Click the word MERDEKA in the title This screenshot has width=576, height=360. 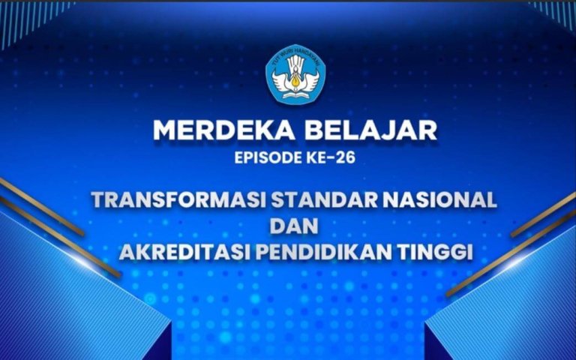(x=223, y=130)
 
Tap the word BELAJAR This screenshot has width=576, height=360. (x=370, y=130)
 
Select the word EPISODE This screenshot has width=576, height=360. (x=268, y=157)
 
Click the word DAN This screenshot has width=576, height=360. (x=294, y=226)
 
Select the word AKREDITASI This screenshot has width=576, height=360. (x=181, y=252)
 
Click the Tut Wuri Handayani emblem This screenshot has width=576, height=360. (x=295, y=75)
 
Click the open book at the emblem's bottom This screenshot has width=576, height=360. (x=295, y=95)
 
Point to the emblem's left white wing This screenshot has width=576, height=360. (x=281, y=81)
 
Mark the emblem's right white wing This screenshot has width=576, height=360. (x=310, y=81)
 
